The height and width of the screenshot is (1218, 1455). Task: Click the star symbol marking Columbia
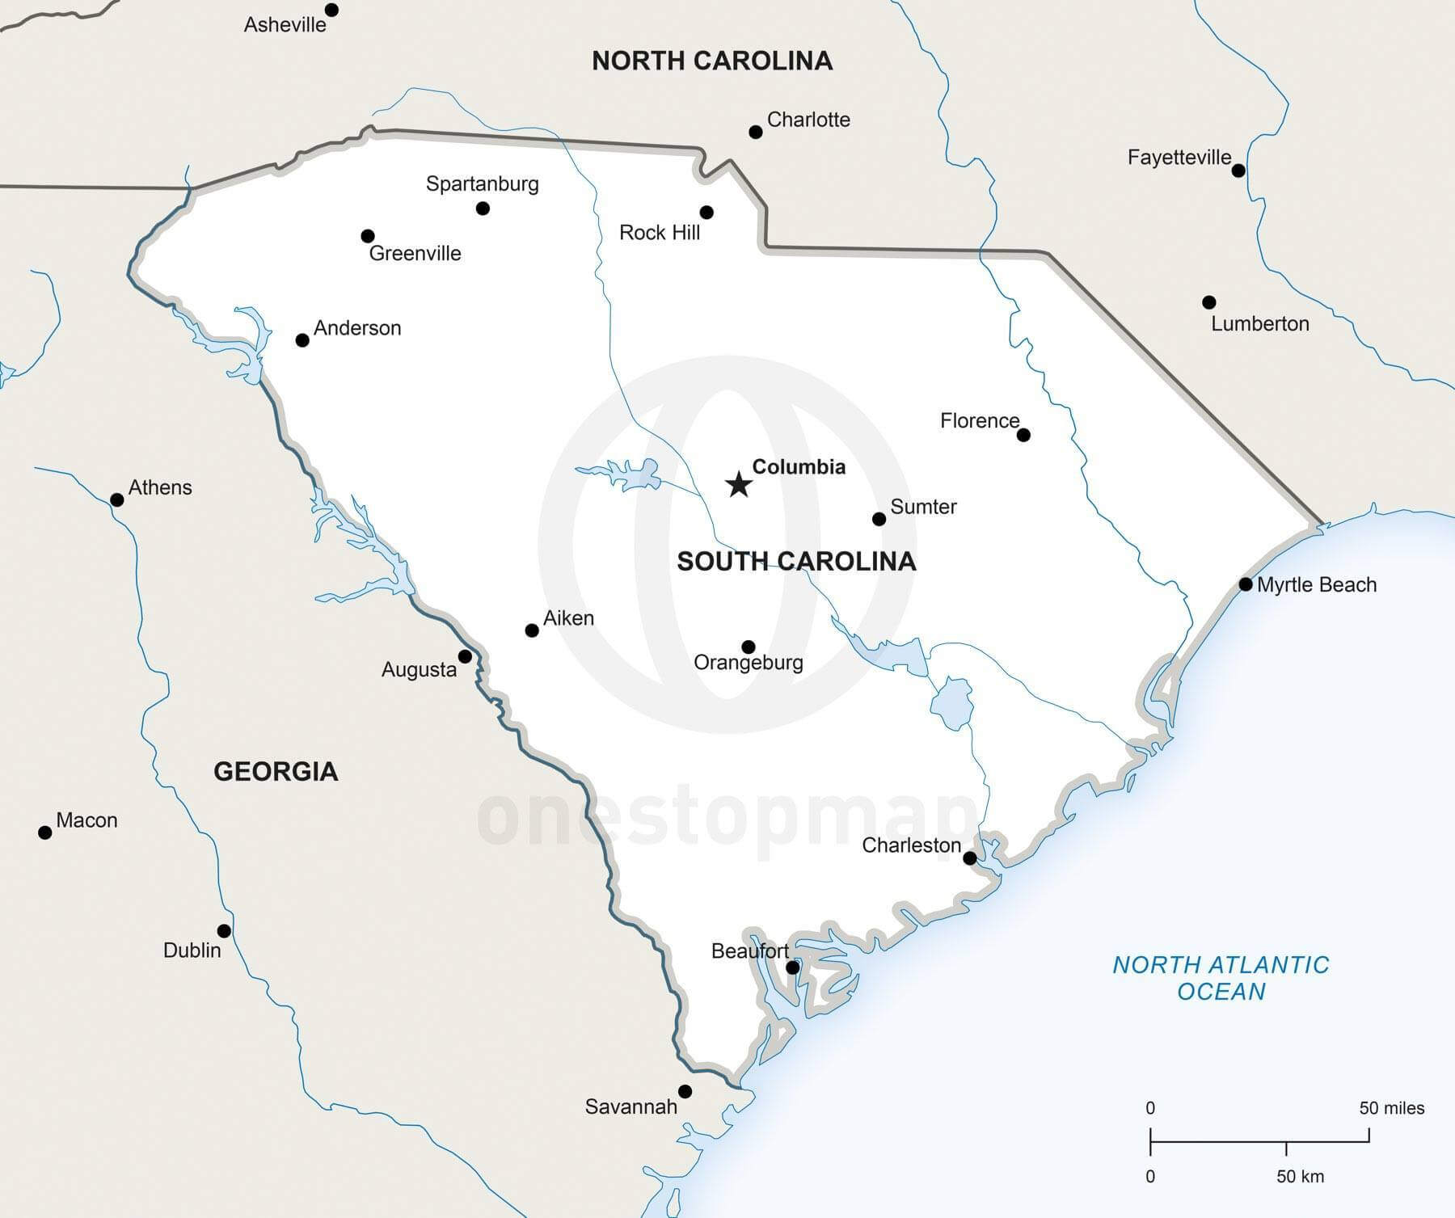pos(739,485)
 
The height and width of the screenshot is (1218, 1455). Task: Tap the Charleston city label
pos(911,845)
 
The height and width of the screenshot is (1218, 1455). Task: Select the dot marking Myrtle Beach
pos(1246,584)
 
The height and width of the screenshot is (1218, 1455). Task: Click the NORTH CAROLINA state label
pos(712,61)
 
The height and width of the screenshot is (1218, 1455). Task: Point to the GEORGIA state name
pos(276,772)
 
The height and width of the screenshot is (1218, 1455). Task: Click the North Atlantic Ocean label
pos(1221,978)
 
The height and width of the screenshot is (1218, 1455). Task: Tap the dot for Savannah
pos(685,1091)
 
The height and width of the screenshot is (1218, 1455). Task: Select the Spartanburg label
pos(482,184)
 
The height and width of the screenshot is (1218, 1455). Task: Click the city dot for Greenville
pos(367,236)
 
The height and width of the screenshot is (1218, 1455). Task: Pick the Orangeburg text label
pos(749,663)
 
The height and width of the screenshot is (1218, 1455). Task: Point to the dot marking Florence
pos(1023,435)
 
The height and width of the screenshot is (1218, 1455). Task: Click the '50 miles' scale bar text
pos(1391,1108)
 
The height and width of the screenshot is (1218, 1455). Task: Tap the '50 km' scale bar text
pos(1300,1177)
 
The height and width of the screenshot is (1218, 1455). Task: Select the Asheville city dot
pos(331,10)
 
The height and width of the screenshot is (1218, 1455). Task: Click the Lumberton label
pos(1259,324)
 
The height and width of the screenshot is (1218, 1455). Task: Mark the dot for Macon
pos(45,832)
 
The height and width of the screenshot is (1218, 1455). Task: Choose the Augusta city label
pos(419,670)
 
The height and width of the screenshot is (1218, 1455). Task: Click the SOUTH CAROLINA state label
pos(796,562)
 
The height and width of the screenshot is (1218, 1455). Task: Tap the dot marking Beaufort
pos(793,967)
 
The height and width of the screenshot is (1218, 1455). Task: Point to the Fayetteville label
pos(1179,158)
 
